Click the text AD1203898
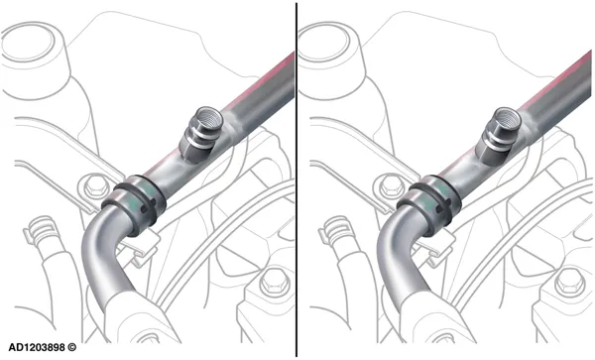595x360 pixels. click(37, 347)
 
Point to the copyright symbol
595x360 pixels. click(71, 347)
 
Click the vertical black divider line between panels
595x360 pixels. click(297, 180)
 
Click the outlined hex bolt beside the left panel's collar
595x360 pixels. click(91, 185)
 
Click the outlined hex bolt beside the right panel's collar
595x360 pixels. click(387, 185)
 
